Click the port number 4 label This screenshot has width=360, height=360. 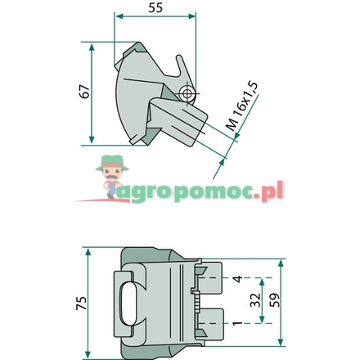coord(236,279)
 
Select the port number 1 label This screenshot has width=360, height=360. coord(236,325)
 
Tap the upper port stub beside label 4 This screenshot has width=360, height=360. coord(209,279)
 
